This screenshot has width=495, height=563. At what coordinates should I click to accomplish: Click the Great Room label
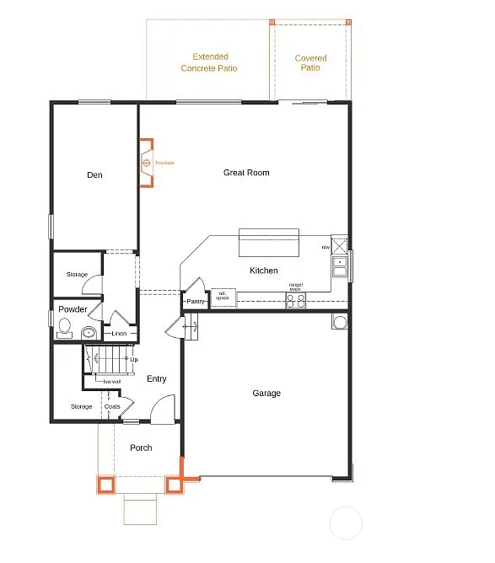click(x=246, y=173)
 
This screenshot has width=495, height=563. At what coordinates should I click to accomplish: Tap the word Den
click(x=94, y=175)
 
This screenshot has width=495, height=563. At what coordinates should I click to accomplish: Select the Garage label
click(x=266, y=394)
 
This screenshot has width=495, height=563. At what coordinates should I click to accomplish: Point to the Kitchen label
click(x=263, y=271)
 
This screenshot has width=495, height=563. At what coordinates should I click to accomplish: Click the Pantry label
click(x=196, y=301)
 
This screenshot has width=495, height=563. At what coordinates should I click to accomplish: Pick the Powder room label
click(x=73, y=309)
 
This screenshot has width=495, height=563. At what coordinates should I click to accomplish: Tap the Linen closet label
click(x=119, y=334)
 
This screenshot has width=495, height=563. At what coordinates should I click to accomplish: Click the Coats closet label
click(x=112, y=407)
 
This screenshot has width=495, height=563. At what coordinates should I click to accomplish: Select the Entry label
click(x=157, y=379)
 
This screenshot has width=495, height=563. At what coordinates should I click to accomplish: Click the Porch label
click(x=141, y=448)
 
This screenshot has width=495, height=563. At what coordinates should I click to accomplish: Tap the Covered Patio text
click(x=310, y=63)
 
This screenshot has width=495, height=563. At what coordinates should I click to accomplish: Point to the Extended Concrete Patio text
click(x=209, y=63)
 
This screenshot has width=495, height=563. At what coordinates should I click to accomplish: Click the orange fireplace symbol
click(x=146, y=163)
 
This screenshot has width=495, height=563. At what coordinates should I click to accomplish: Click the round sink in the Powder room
click(x=89, y=332)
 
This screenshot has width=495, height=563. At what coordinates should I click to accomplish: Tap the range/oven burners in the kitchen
click(x=295, y=300)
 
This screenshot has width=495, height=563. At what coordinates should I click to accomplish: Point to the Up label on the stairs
click(x=133, y=360)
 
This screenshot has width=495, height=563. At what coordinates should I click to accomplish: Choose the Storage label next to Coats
click(x=81, y=407)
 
